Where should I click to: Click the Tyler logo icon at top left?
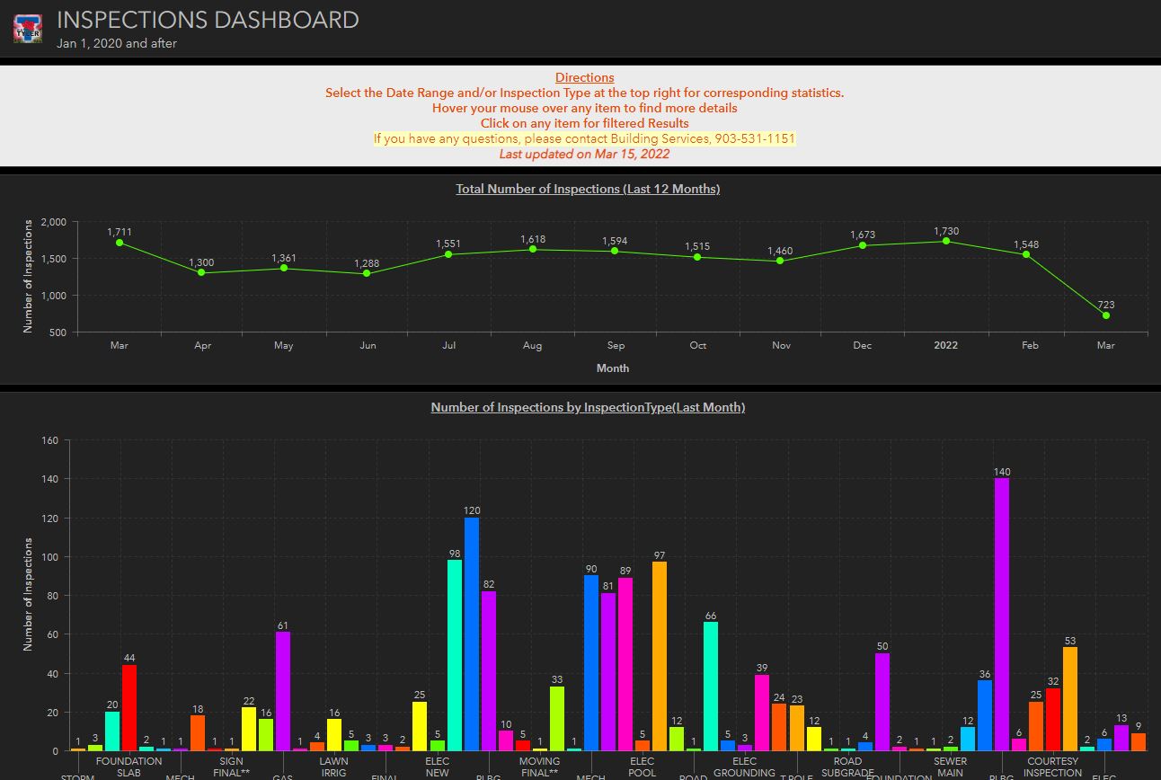(x=27, y=28)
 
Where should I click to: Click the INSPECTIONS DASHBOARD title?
(x=208, y=20)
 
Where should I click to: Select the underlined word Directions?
(x=584, y=77)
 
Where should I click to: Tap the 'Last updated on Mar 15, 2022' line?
(x=584, y=154)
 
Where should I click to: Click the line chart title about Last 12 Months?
(x=588, y=189)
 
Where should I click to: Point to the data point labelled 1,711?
(x=119, y=243)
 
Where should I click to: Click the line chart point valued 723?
(x=1105, y=315)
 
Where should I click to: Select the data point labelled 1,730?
(x=945, y=241)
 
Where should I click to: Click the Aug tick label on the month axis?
(x=532, y=345)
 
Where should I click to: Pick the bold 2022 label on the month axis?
(x=945, y=345)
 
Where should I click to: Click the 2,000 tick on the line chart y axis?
(x=54, y=222)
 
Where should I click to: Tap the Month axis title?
(x=612, y=368)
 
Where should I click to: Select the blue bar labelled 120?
(x=472, y=634)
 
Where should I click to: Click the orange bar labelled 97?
(x=660, y=656)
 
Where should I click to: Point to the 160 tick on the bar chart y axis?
(x=49, y=440)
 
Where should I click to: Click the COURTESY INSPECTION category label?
(x=1052, y=767)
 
